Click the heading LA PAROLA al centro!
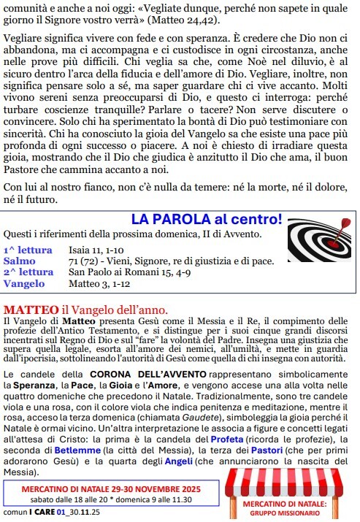207,219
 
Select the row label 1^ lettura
27,250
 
